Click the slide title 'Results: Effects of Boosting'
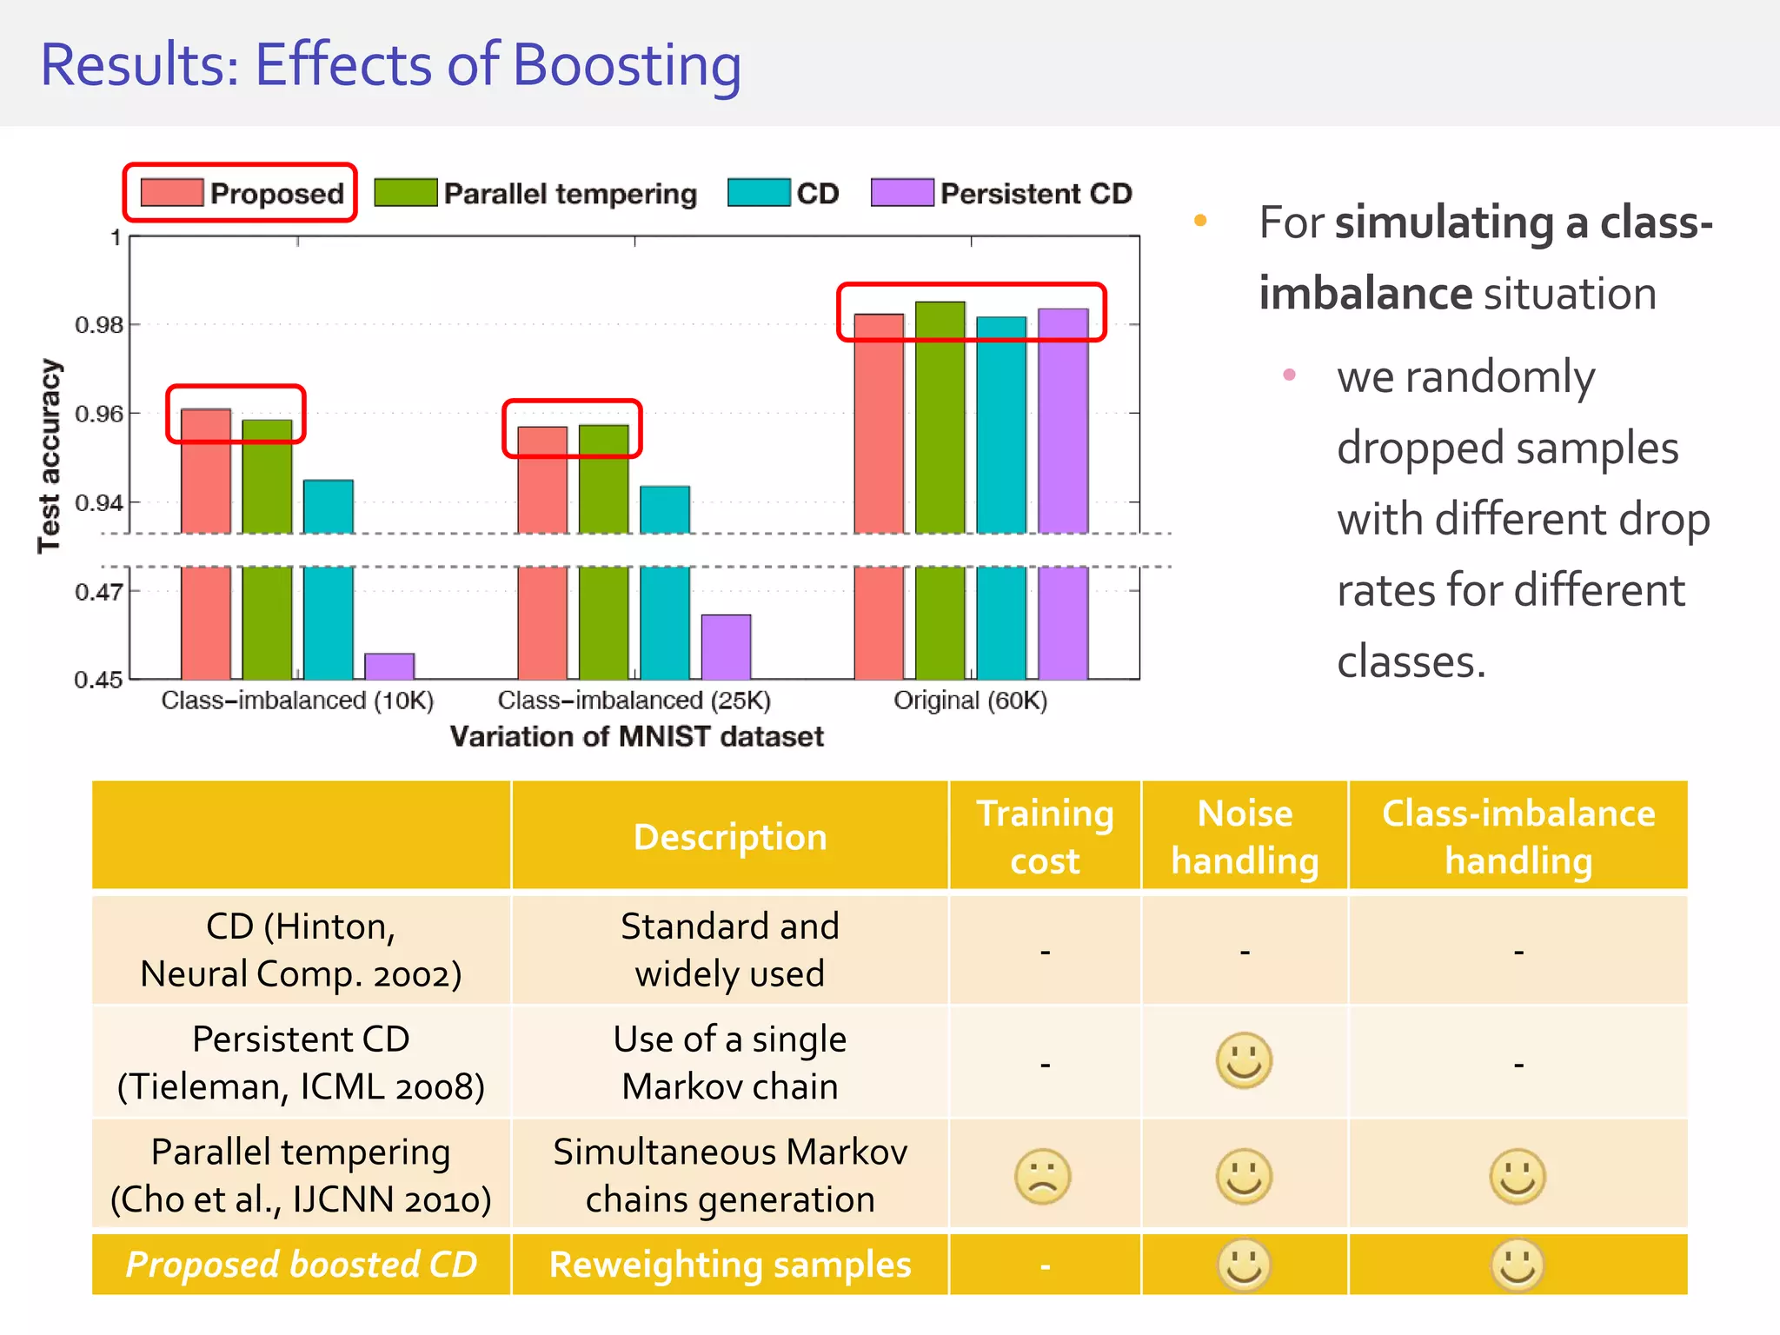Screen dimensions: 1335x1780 tap(390, 65)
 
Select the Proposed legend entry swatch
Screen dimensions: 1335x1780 tap(171, 193)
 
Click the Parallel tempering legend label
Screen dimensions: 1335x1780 tap(570, 193)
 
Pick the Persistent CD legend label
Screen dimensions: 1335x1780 tap(1036, 193)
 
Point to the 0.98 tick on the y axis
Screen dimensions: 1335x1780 tap(99, 325)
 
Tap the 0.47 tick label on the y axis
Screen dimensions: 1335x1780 tap(99, 592)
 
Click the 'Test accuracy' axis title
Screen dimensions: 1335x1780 tap(50, 455)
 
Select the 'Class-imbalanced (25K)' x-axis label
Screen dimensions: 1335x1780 tap(634, 701)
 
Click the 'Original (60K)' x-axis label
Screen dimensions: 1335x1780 tap(970, 701)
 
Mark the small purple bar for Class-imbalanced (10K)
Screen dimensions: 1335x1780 tap(389, 666)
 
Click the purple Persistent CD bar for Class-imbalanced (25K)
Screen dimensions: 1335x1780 tap(726, 647)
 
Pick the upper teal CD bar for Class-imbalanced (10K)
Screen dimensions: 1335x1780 tap(328, 506)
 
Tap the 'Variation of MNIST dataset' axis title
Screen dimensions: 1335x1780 tap(636, 737)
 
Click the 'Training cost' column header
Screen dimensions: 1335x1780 tap(1045, 836)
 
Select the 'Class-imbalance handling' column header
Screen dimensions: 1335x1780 tap(1518, 836)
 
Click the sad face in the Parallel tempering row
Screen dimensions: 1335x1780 tap(1042, 1177)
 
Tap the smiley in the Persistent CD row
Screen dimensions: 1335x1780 tap(1244, 1060)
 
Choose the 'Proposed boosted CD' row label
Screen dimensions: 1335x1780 tap(301, 1265)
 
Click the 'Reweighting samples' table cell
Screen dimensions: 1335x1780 tap(729, 1265)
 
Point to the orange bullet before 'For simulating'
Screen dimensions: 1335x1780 tap(1200, 221)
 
